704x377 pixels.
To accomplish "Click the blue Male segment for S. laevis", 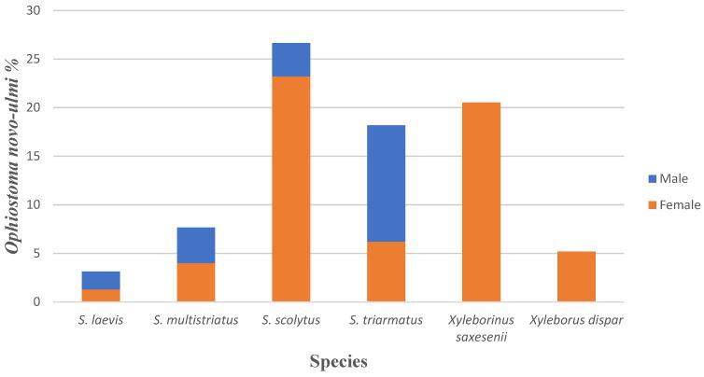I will tap(101, 280).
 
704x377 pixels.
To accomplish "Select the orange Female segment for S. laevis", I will tap(101, 295).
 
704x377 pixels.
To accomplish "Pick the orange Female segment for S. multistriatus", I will tap(196, 282).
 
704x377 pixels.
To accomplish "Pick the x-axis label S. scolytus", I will tap(291, 320).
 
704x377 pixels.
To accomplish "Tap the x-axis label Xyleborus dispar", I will tap(576, 320).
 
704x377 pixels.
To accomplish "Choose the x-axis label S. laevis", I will tap(101, 320).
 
